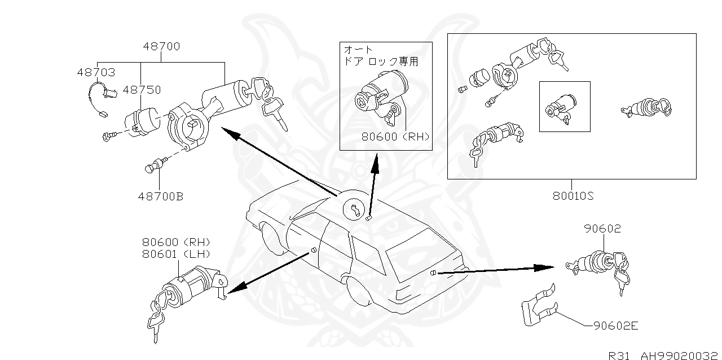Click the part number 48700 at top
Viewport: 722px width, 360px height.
point(161,47)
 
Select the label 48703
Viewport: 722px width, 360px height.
point(96,73)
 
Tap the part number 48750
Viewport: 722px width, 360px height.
point(142,90)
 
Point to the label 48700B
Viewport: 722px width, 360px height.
point(160,197)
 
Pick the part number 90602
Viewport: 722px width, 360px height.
point(602,229)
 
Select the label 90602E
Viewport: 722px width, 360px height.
point(615,326)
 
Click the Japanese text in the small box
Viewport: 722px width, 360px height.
point(381,56)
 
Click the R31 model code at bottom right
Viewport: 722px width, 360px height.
point(620,355)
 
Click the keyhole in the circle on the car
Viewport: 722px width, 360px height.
point(354,210)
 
